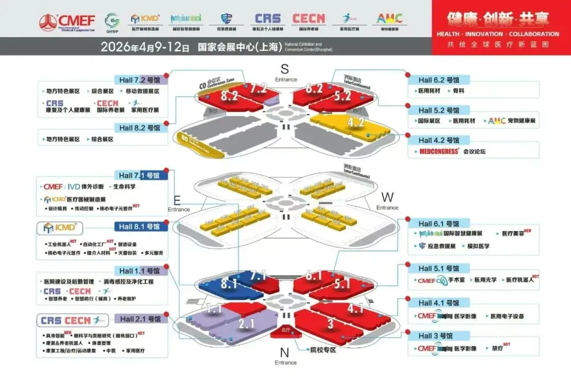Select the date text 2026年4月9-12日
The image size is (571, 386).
145,47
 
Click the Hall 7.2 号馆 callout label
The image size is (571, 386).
140,80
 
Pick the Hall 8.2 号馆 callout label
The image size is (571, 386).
140,127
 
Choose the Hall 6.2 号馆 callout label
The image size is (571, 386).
438,80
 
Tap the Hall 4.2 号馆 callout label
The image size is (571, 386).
438,140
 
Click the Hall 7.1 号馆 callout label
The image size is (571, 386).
140,175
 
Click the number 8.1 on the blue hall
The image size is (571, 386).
229,284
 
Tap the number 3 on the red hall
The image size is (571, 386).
330,324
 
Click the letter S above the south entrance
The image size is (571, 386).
285,69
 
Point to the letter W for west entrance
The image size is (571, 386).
388,197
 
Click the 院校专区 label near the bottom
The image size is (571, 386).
323,350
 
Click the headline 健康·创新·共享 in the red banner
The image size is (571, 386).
498,19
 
